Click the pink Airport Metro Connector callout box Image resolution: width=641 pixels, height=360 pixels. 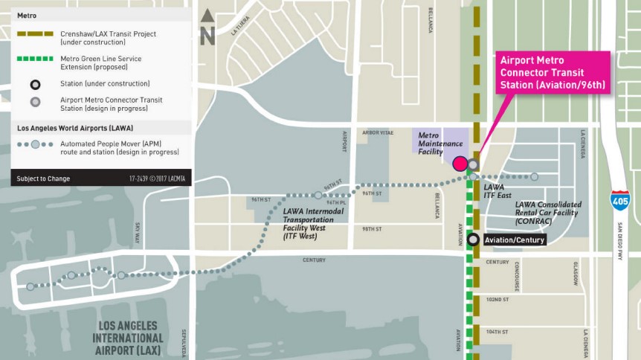point(553,72)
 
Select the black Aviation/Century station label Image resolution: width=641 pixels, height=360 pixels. point(514,240)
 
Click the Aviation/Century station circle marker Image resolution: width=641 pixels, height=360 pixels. point(473,240)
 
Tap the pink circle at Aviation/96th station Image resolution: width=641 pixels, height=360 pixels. point(460,164)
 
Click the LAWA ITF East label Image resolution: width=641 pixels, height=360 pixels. point(497,191)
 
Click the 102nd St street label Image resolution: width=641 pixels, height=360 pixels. point(497,299)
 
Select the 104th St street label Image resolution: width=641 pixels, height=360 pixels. point(497,331)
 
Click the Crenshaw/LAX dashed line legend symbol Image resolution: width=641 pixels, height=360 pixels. point(35,34)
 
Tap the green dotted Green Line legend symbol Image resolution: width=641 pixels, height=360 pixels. point(35,59)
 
